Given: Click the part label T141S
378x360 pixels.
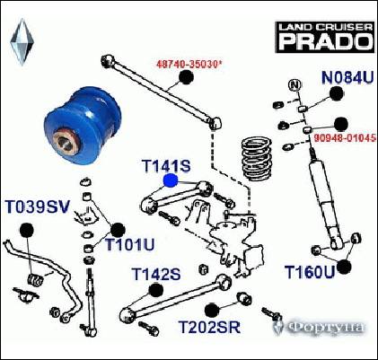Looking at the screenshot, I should click(x=166, y=165).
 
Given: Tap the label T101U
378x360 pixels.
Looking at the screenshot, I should click(x=130, y=245).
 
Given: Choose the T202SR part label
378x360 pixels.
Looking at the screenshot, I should click(x=209, y=329).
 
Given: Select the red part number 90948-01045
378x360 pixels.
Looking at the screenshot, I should click(x=345, y=138).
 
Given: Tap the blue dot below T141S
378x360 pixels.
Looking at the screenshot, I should click(x=170, y=180).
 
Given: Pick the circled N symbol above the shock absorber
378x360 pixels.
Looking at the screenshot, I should click(x=293, y=85).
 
